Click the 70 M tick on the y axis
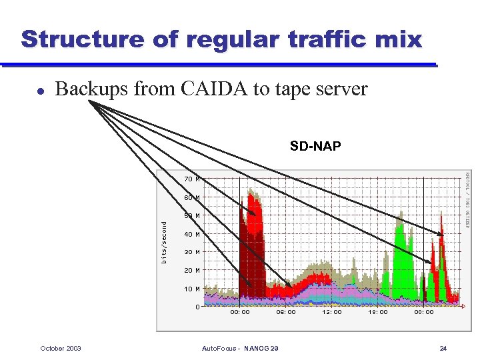[193, 179]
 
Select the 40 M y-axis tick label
[193, 235]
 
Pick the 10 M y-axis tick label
[193, 289]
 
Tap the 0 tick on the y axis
[197, 307]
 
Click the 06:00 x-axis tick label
[286, 312]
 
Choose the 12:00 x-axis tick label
[332, 312]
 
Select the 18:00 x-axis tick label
[378, 312]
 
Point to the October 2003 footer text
[61, 349]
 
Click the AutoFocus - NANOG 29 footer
[240, 349]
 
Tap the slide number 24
[443, 349]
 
